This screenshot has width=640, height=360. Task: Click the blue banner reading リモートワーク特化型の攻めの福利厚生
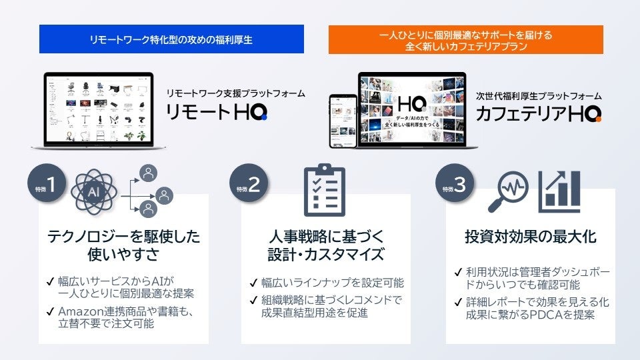point(172,40)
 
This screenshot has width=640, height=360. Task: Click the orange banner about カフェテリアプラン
point(465,39)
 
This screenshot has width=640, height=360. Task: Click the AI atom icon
point(94,191)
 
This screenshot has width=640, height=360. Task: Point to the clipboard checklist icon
point(324,190)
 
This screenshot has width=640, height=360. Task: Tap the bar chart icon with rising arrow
point(559,189)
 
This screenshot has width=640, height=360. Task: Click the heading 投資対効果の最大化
point(530,237)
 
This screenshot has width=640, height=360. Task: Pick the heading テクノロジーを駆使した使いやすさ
point(123,245)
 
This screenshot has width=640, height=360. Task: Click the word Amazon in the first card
point(80,311)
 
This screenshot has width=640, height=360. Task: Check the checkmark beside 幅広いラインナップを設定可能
point(253,283)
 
